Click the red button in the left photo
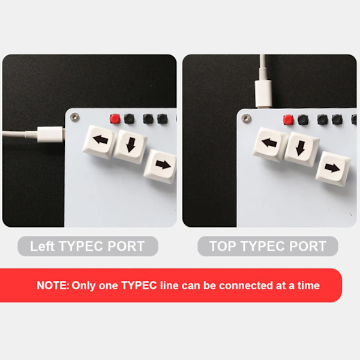(x=115, y=119)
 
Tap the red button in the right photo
(x=288, y=120)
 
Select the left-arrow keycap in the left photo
(x=99, y=142)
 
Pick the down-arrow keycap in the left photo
(x=130, y=147)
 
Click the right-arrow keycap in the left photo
(x=160, y=166)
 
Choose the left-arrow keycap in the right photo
(x=270, y=145)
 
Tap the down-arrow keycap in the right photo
(x=301, y=149)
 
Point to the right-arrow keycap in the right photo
(x=333, y=169)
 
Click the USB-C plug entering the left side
(x=50, y=134)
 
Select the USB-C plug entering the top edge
(x=263, y=93)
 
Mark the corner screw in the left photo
(x=74, y=118)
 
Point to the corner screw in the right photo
(x=247, y=119)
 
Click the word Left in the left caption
(x=42, y=246)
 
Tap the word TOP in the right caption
(x=223, y=246)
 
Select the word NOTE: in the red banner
(x=53, y=286)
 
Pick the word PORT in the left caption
(x=126, y=246)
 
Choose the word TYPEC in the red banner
(x=139, y=286)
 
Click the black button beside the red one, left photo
(x=129, y=119)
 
